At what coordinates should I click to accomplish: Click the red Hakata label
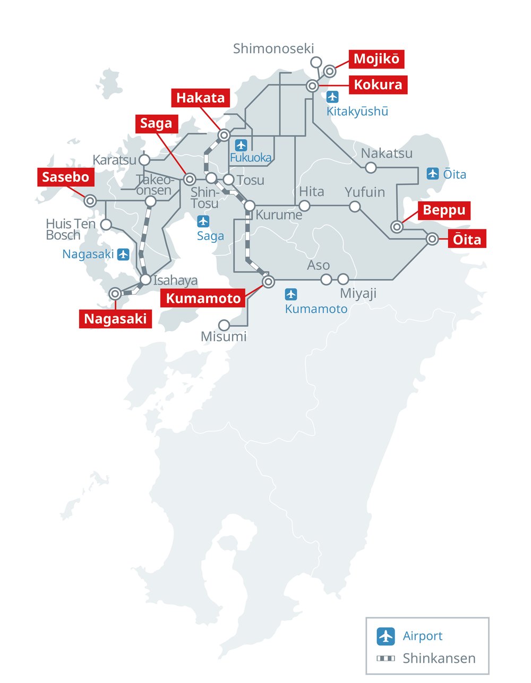click(201, 98)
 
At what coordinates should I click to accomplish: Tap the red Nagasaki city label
click(115, 319)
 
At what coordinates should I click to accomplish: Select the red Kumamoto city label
click(203, 298)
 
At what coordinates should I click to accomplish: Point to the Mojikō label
click(376, 59)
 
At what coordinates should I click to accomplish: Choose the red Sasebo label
click(66, 177)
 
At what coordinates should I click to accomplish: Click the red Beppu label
click(444, 210)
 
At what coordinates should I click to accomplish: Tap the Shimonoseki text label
click(273, 49)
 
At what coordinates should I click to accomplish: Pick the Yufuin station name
click(365, 192)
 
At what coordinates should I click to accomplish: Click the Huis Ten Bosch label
click(70, 229)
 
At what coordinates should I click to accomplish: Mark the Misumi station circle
click(225, 325)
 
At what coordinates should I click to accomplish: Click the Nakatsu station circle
click(371, 168)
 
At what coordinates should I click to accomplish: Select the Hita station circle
click(305, 206)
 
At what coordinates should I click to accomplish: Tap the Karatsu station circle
click(144, 160)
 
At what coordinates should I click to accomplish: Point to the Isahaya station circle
click(146, 279)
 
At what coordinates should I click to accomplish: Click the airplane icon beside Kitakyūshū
click(332, 97)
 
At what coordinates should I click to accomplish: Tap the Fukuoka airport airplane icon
click(242, 145)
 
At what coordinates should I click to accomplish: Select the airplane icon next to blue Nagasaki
click(123, 254)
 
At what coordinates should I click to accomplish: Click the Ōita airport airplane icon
click(433, 174)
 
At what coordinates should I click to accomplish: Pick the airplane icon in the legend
click(386, 636)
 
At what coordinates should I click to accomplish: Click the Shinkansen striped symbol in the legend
click(386, 659)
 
